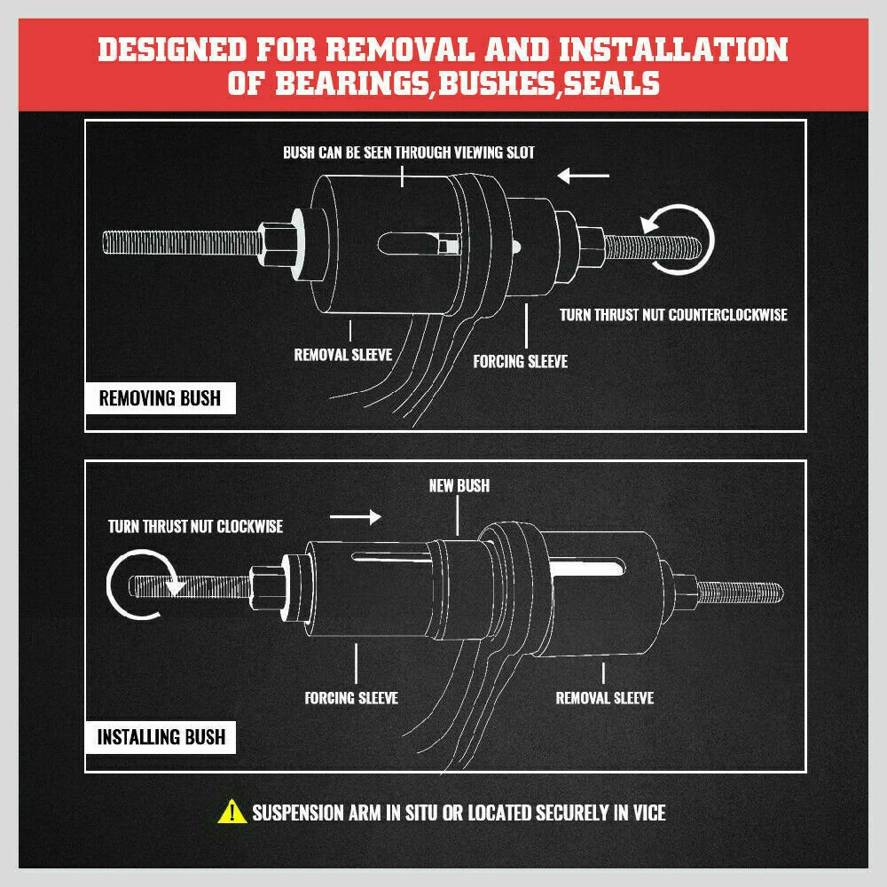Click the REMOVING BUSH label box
pos(160,396)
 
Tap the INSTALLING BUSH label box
pos(161,736)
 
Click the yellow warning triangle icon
pos(232,811)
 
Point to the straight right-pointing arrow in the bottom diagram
pos(355,515)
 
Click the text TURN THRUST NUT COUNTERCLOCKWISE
pos(673,315)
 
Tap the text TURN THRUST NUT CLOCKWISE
pos(195,527)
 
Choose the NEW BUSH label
pos(459,486)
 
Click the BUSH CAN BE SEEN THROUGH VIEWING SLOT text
pos(409,153)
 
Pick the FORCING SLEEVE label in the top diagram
pos(520,361)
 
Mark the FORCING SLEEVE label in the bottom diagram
pos(351,698)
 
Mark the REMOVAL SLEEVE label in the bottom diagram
pos(604,698)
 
